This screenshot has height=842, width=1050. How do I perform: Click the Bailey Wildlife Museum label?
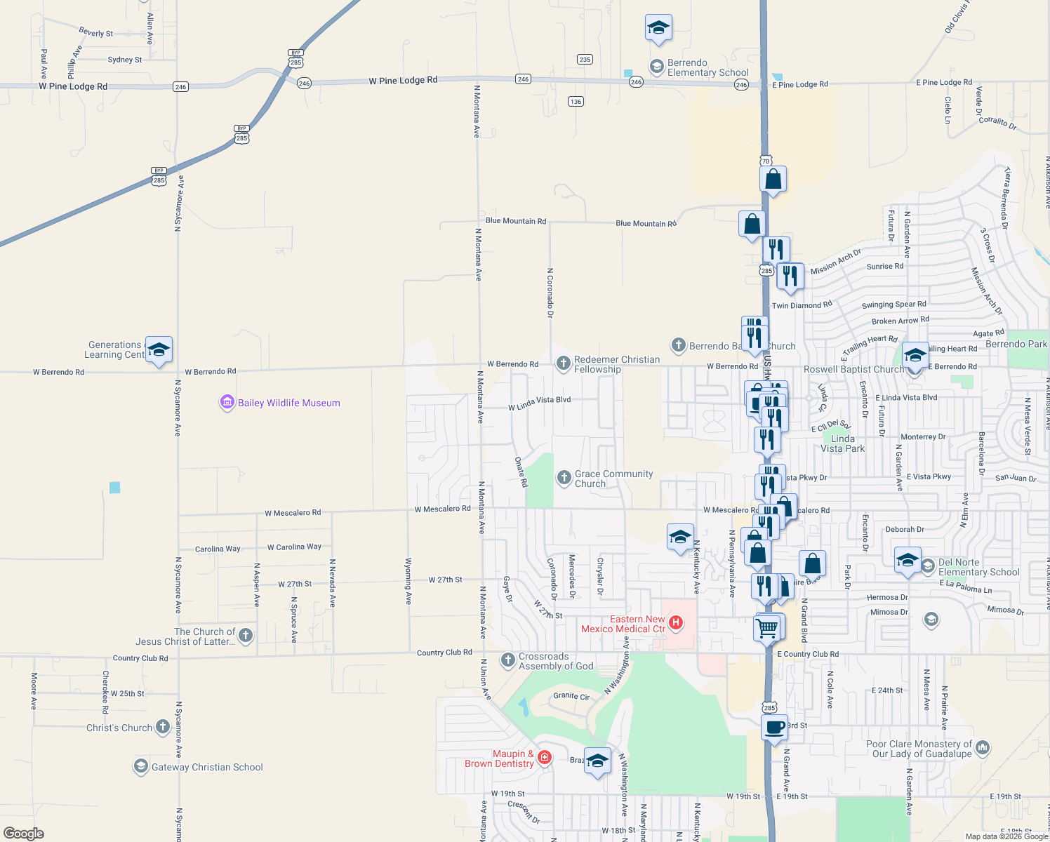pos(288,403)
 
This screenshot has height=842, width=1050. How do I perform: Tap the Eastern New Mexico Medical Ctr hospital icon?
pos(676,622)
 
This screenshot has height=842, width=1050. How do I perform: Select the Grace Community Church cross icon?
pos(564,478)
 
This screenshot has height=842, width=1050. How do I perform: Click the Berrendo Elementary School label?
pos(707,67)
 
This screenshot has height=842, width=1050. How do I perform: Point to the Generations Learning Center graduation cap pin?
pos(159,350)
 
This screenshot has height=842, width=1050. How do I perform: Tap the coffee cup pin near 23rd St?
pos(774,728)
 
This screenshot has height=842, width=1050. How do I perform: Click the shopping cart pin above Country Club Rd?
pos(767,627)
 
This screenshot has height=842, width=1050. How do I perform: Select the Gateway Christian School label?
pos(207,767)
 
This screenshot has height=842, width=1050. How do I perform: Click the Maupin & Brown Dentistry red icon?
pos(545,758)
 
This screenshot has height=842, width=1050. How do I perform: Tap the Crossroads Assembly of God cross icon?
pos(508,660)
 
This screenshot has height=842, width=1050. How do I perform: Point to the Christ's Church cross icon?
pos(163,727)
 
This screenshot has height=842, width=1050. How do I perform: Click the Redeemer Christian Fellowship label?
pos(616,364)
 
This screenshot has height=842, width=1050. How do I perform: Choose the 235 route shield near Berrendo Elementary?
pos(585,60)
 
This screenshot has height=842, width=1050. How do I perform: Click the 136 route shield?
pos(576,102)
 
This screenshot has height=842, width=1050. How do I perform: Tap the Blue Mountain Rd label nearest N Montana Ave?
pos(515,221)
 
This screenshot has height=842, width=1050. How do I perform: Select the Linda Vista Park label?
pos(842,443)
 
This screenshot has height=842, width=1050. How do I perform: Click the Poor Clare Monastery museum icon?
pos(983,748)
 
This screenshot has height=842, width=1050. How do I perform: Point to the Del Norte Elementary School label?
pos(978,567)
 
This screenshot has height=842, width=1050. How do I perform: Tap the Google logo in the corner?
pos(24,833)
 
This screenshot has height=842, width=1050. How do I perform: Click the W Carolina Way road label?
pos(294,547)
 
